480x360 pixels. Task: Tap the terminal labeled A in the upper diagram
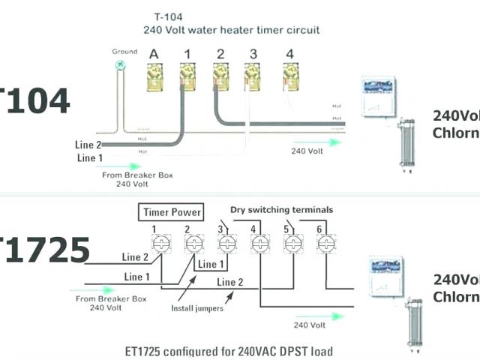(154, 75)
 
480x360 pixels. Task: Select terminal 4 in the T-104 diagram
(289, 75)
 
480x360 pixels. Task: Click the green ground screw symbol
(118, 65)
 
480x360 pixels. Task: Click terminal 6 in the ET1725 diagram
(323, 244)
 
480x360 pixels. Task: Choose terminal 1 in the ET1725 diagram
(159, 244)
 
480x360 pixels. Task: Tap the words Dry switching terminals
(281, 210)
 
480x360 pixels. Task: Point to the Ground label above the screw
(124, 52)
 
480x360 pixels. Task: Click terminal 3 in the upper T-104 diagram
(253, 75)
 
